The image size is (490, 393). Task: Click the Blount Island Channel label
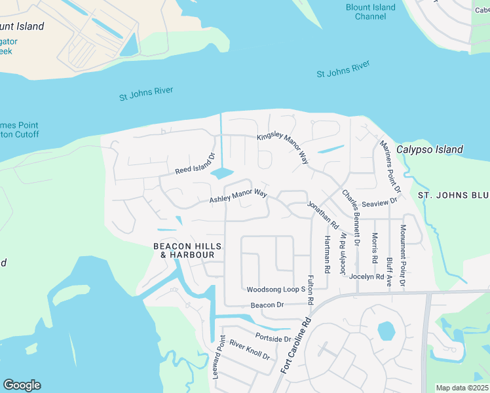pos(370,12)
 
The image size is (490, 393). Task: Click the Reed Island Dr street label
pos(195,164)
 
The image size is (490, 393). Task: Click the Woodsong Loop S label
pos(276,289)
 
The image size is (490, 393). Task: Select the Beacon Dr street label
pos(267,305)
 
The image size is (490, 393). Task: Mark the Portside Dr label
pos(273,339)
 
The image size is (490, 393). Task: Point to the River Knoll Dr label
pos(250,350)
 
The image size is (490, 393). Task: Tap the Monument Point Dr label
pos(404,255)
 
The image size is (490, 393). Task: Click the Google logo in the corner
pos(22,385)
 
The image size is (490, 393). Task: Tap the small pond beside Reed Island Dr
pos(221,174)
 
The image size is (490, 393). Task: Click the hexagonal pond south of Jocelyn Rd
pos(386,331)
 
